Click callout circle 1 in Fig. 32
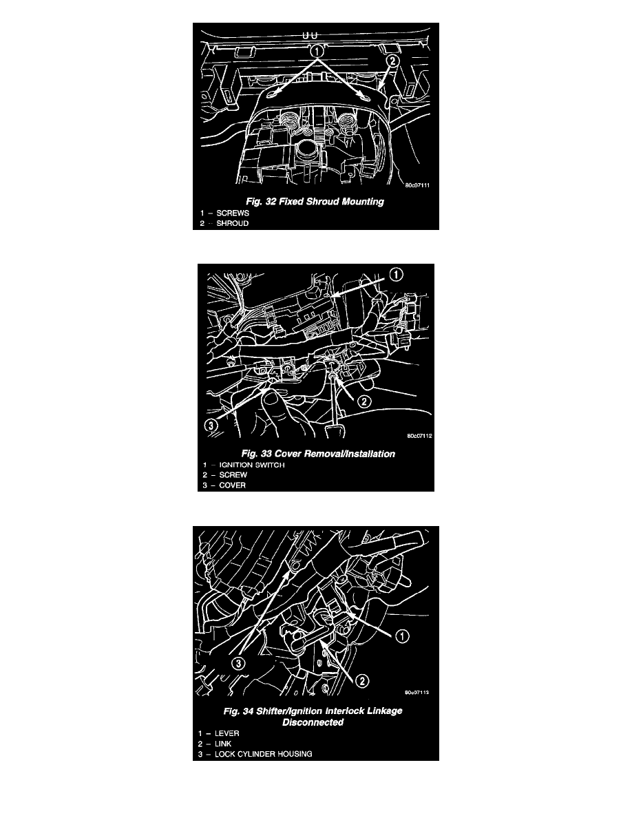coord(317,51)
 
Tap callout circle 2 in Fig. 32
coord(392,61)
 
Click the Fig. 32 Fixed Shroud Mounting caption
coord(315,201)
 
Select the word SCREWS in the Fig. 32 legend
coord(233,213)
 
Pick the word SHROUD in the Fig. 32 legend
coord(233,223)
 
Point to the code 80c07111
coord(418,185)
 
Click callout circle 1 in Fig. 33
coord(397,275)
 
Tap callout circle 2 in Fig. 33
coord(364,401)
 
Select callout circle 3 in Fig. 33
coord(210,425)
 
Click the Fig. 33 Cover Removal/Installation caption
coord(318,454)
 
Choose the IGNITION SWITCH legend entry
coord(252,465)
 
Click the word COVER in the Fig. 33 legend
coord(232,485)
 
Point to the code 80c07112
coord(420,436)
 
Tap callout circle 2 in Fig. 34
coord(361,680)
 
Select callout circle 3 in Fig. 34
coord(238,664)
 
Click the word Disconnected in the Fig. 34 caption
coord(313,722)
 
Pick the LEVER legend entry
coord(227,733)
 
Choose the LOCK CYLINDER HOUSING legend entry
coord(263,754)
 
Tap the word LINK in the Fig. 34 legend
coord(222,744)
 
